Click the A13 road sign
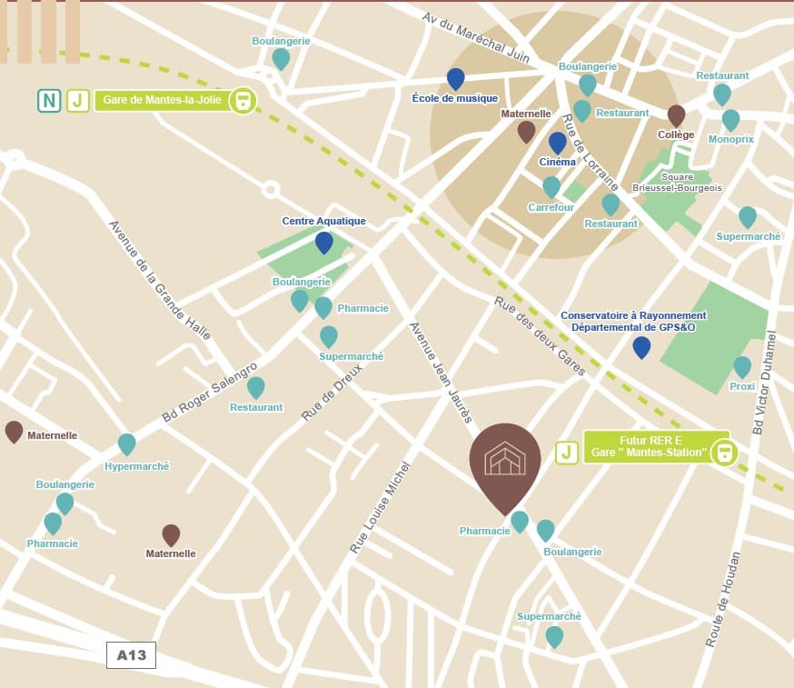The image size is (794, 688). [132, 654]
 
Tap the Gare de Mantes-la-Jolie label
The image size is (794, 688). [162, 100]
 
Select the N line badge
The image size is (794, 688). [49, 100]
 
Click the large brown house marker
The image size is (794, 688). [505, 463]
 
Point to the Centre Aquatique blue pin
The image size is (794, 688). [323, 242]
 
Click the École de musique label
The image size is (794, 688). [454, 98]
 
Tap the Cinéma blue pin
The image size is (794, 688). [557, 143]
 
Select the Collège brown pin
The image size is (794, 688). [676, 115]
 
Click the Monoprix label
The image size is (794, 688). [730, 139]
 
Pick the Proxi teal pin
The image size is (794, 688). [742, 366]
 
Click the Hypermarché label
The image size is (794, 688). [137, 466]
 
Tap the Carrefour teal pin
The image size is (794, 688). [551, 186]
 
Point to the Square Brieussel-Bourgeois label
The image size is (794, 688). [691, 183]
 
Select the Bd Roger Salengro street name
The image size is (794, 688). [210, 389]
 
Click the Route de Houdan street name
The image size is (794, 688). [724, 599]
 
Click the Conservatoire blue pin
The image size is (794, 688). [641, 346]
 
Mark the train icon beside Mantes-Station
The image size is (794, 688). [723, 452]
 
